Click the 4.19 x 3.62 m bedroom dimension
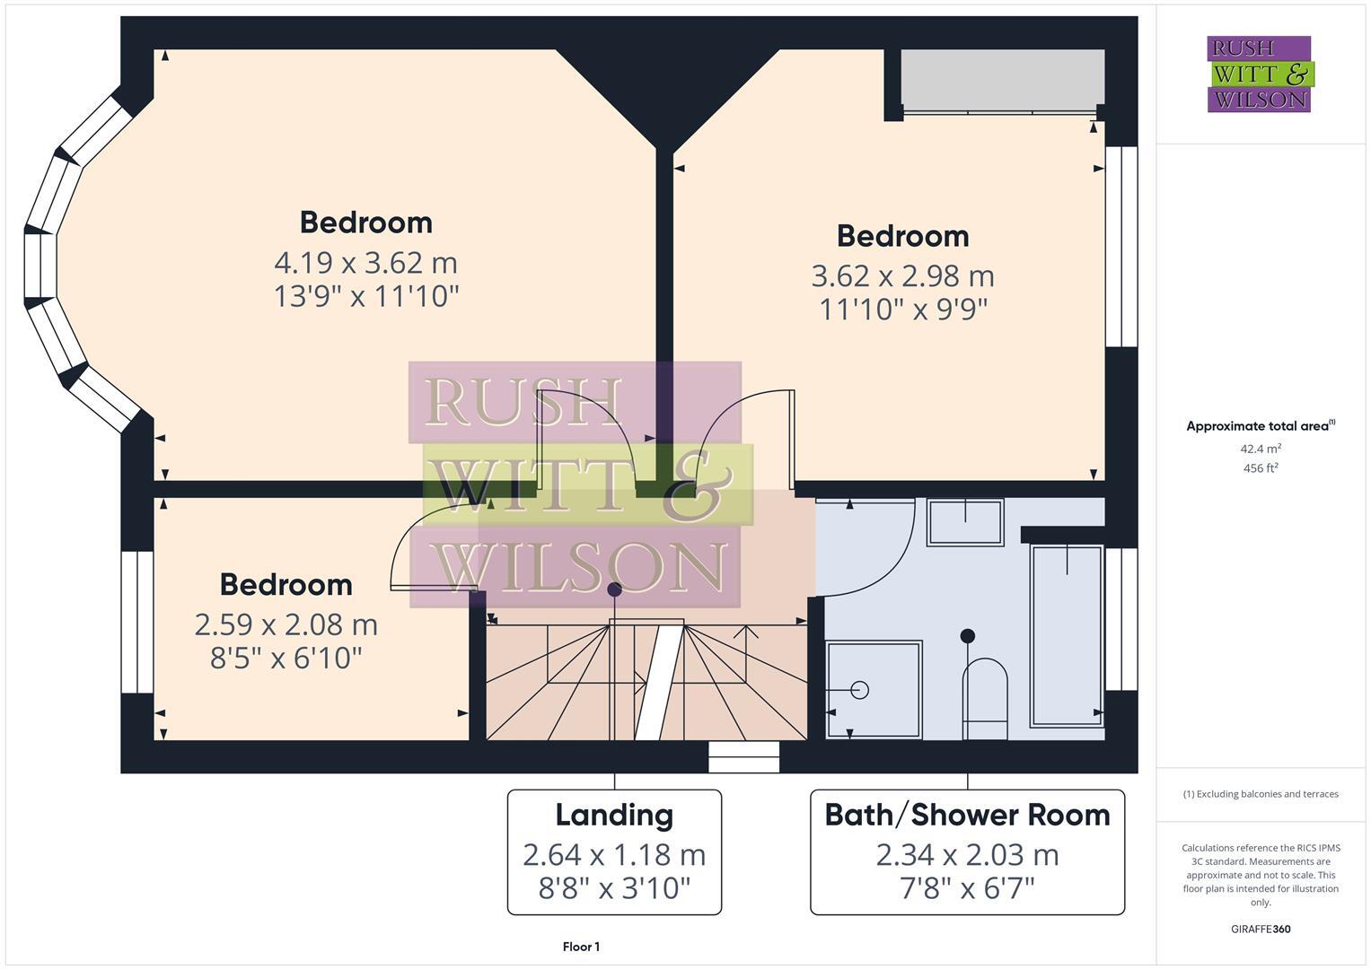pyautogui.click(x=365, y=263)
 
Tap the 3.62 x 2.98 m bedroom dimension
pyautogui.click(x=902, y=276)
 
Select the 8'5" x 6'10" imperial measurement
pyautogui.click(x=286, y=659)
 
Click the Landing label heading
pyautogui.click(x=614, y=815)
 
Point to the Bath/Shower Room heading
pyautogui.click(x=967, y=815)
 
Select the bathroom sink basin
pyautogui.click(x=965, y=522)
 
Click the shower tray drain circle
pyautogui.click(x=859, y=689)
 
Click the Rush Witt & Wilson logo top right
pyautogui.click(x=1259, y=74)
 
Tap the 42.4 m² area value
pyautogui.click(x=1261, y=449)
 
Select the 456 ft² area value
pyautogui.click(x=1261, y=468)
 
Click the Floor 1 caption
pyautogui.click(x=581, y=947)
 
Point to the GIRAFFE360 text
pyautogui.click(x=1261, y=929)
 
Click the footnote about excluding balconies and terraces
pyautogui.click(x=1261, y=794)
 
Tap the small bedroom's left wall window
pyautogui.click(x=137, y=622)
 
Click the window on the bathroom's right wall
pyautogui.click(x=1121, y=619)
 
